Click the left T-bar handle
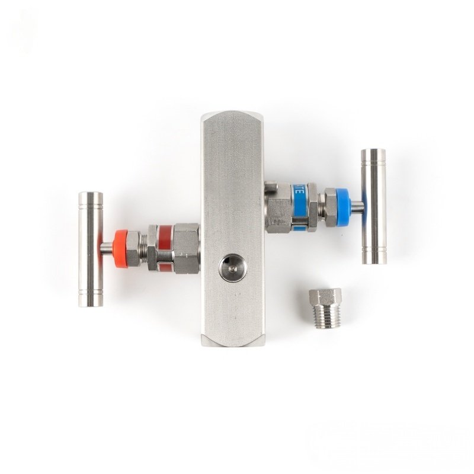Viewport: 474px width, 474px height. (91, 249)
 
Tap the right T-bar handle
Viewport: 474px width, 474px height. (374, 206)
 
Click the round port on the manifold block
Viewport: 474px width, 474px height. (232, 268)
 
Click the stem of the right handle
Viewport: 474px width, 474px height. (358, 206)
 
